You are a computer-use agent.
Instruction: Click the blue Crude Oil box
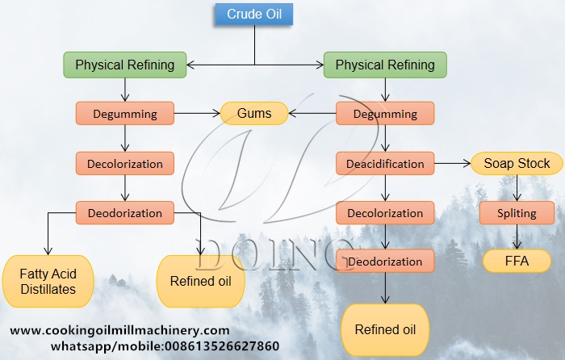click(x=253, y=15)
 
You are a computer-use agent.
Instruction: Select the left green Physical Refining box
click(x=124, y=65)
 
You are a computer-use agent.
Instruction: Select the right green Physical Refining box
click(x=385, y=65)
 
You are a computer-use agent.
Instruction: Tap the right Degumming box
click(x=385, y=113)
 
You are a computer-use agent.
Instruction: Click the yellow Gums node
click(x=254, y=113)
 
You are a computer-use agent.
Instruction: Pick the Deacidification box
click(x=385, y=164)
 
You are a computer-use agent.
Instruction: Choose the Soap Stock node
click(x=517, y=164)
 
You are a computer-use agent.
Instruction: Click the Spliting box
click(x=517, y=213)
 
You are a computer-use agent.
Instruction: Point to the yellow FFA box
click(x=517, y=261)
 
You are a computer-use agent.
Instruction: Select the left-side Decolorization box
click(x=124, y=163)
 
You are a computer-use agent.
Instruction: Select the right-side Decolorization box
click(x=385, y=214)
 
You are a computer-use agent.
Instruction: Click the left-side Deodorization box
click(x=124, y=213)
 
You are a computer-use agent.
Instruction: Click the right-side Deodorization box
click(x=385, y=262)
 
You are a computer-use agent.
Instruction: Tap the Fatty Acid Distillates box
click(x=48, y=282)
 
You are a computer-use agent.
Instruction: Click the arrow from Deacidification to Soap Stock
click(x=452, y=164)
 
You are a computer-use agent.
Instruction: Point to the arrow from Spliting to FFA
click(x=517, y=237)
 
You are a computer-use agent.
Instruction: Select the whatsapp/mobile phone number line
click(x=165, y=346)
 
